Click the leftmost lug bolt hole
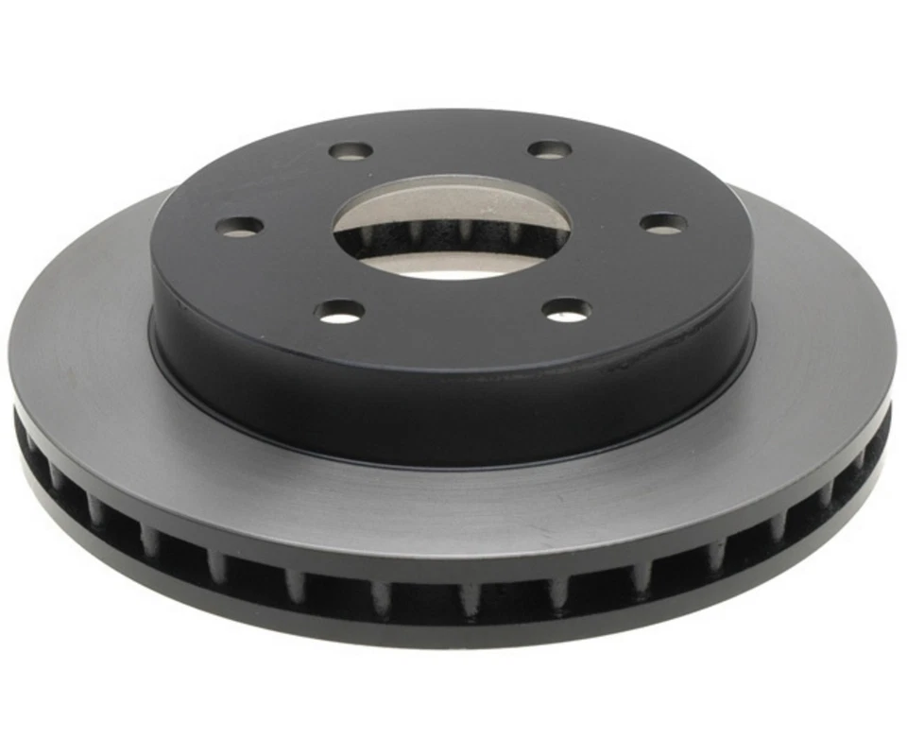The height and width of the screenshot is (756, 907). click(x=240, y=227)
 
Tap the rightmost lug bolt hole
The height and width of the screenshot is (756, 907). click(x=663, y=224)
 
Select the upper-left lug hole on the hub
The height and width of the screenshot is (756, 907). click(x=351, y=151)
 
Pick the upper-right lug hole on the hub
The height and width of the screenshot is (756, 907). click(x=550, y=149)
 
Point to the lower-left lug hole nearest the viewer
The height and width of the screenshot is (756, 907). click(x=341, y=310)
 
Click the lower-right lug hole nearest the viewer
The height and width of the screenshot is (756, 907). click(x=567, y=309)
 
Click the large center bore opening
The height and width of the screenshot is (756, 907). click(x=452, y=227)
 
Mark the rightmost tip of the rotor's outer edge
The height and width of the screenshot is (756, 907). click(x=896, y=378)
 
